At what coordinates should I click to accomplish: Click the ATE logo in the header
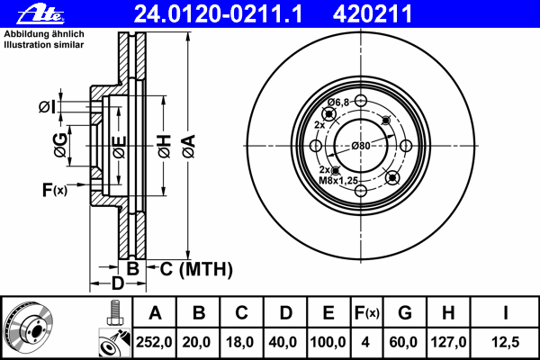tap(41, 14)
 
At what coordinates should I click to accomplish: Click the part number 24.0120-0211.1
tap(218, 14)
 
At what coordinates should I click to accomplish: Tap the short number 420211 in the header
tap(373, 14)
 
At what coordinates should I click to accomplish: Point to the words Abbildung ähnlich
tap(44, 34)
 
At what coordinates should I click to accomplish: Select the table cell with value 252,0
tap(154, 342)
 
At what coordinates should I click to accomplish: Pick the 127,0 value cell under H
tap(448, 342)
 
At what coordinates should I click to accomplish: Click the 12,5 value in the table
tap(505, 342)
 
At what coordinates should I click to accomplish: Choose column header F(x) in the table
tap(367, 313)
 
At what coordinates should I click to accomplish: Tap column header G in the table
tap(405, 313)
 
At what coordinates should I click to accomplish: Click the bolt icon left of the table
tap(114, 313)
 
